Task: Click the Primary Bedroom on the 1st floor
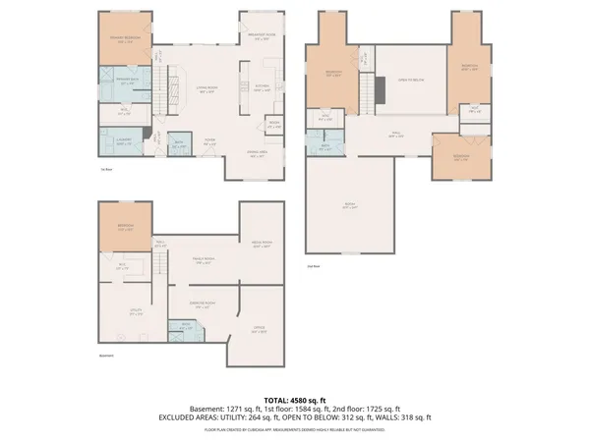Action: click(x=126, y=40)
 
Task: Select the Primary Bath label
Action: click(x=126, y=83)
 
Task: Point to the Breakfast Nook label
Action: click(x=262, y=39)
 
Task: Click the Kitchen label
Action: click(x=262, y=88)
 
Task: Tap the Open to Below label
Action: click(x=410, y=79)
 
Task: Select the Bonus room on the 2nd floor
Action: click(x=350, y=205)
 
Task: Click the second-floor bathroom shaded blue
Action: click(x=325, y=147)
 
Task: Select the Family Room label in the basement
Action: click(x=204, y=261)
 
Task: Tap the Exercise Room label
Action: click(x=203, y=305)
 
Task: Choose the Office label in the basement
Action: click(x=259, y=332)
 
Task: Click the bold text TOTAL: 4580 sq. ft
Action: click(x=294, y=401)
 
